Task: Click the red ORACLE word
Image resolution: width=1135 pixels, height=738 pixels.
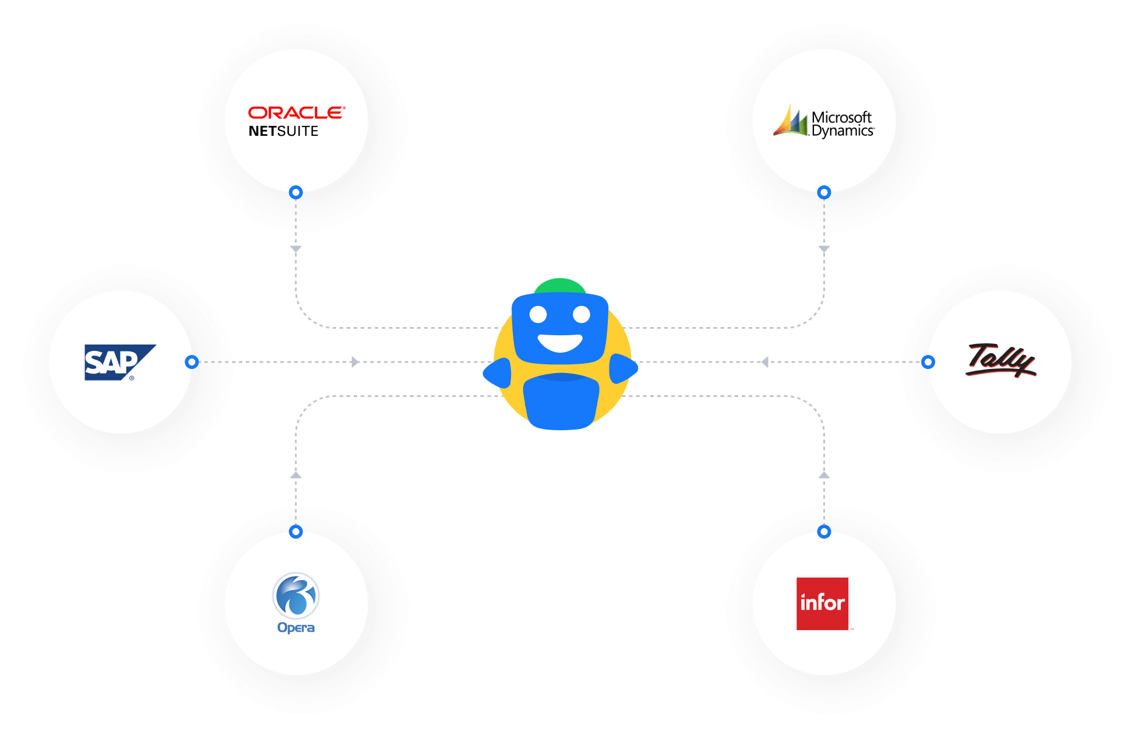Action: point(297,113)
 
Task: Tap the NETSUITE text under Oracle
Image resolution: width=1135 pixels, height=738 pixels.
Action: point(284,131)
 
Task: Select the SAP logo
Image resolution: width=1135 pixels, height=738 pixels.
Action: point(120,362)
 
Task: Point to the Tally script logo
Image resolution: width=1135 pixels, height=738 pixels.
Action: point(1001,360)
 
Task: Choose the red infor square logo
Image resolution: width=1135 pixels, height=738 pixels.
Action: point(822,603)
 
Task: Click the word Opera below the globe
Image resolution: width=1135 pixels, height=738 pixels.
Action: point(296,628)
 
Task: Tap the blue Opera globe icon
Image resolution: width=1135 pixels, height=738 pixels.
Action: point(296,595)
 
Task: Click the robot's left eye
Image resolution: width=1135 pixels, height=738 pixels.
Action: point(538,315)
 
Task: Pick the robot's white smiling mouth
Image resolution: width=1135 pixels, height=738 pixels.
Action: point(560,343)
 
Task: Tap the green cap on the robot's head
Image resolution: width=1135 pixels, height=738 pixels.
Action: point(560,286)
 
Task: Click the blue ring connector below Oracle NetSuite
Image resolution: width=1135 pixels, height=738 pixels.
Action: point(296,192)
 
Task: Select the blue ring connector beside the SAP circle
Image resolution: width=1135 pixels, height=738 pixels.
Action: point(192,362)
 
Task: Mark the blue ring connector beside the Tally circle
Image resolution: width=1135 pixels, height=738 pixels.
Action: point(928,362)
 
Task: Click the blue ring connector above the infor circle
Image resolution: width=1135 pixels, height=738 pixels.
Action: point(824,532)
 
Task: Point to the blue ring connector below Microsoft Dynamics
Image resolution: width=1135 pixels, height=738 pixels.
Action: point(824,192)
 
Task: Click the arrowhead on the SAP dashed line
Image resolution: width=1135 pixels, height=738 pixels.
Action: point(355,362)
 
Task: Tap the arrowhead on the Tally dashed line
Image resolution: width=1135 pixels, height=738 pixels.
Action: point(765,362)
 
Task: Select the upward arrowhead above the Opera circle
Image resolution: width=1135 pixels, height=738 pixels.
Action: point(296,475)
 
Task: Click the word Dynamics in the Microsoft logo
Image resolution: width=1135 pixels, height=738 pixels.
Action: point(843,131)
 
